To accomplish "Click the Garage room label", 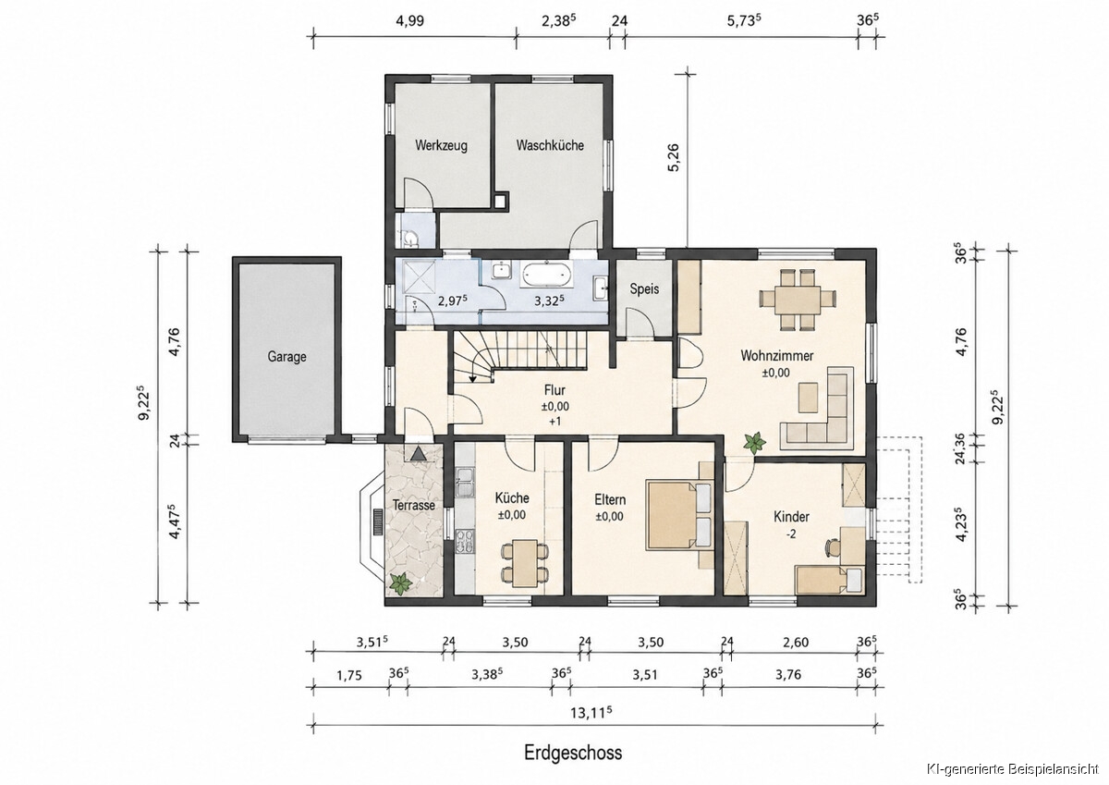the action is click(x=286, y=357).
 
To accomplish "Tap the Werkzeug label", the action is click(x=441, y=145).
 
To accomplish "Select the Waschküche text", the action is click(x=550, y=145).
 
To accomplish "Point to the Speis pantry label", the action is click(x=644, y=289).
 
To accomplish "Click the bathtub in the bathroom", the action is click(x=546, y=275).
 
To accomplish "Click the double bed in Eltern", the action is click(x=679, y=515).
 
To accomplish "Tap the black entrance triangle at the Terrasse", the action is click(x=419, y=454).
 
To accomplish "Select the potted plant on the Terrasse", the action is click(x=400, y=583).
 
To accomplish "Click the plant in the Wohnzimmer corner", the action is click(x=754, y=442).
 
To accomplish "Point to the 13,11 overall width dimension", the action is click(x=591, y=713).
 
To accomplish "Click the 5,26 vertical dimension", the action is click(x=674, y=158).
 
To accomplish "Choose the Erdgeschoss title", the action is click(x=573, y=753).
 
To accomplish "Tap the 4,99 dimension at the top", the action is click(x=409, y=20).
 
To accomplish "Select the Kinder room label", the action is click(x=791, y=517).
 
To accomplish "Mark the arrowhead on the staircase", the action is click(x=472, y=379).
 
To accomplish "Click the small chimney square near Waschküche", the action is click(x=501, y=201).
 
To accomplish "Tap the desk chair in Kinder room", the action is click(x=831, y=548).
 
